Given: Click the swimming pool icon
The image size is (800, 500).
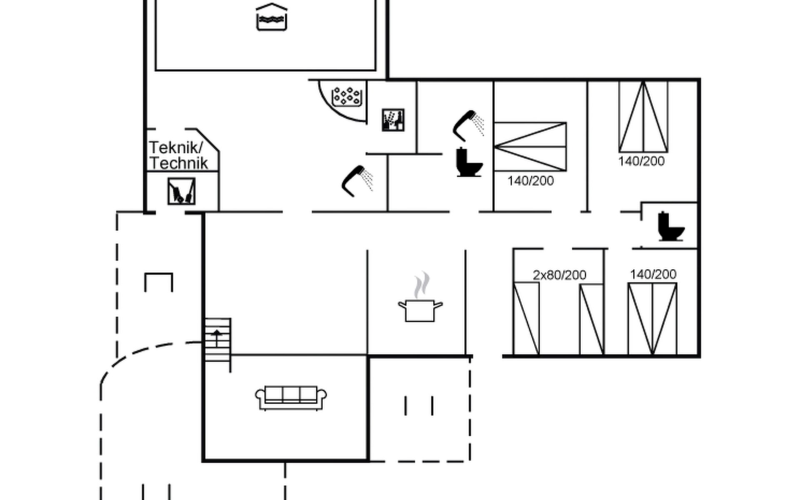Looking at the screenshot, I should [x=271, y=17].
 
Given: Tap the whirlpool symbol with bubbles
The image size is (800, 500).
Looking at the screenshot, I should [x=346, y=96].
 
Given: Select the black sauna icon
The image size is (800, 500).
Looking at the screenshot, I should [x=393, y=120].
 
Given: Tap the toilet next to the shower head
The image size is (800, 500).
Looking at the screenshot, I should [x=468, y=162].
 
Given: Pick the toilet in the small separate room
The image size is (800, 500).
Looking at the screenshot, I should [x=670, y=227].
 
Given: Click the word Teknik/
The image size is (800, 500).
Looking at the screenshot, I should [x=176, y=147].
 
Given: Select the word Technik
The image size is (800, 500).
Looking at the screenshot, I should [x=178, y=163].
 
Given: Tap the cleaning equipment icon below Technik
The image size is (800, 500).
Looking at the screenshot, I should [x=181, y=191].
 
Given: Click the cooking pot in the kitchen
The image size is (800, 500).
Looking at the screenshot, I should [x=420, y=310].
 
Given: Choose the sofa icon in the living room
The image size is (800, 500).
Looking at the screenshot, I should [x=291, y=397].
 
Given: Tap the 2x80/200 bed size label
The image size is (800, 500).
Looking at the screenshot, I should [x=559, y=275].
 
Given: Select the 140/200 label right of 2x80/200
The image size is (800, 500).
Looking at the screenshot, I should [x=653, y=274].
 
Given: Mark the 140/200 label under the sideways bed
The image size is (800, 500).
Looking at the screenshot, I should [x=530, y=181].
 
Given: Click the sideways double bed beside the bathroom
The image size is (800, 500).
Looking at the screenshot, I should [x=530, y=147].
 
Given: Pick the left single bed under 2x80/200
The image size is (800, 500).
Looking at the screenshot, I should [x=526, y=319].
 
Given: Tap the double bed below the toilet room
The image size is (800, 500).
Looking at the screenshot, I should [x=652, y=319].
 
